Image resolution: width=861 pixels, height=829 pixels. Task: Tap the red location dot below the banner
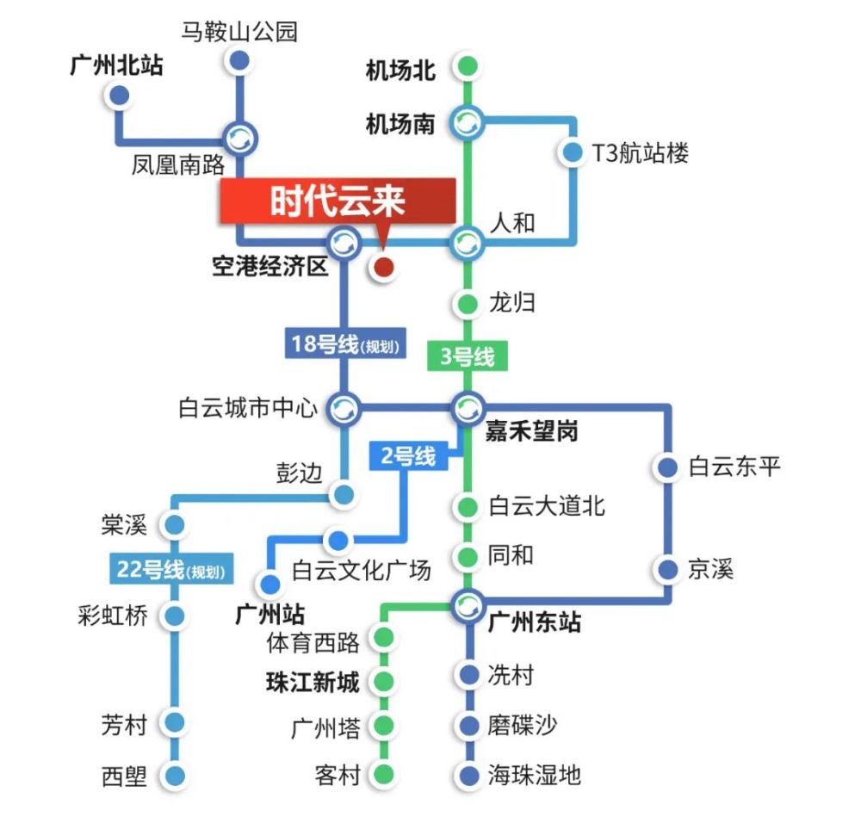pyautogui.click(x=383, y=268)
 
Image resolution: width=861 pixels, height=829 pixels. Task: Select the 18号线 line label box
pyautogui.click(x=344, y=344)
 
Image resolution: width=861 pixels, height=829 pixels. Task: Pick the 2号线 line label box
pyautogui.click(x=408, y=455)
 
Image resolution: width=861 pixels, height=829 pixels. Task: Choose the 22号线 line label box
pyautogui.click(x=172, y=569)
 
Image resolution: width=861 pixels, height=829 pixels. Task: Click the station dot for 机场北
pyautogui.click(x=468, y=65)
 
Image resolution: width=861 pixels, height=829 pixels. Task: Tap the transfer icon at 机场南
pyautogui.click(x=468, y=122)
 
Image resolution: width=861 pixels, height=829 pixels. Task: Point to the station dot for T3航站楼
pyautogui.click(x=572, y=153)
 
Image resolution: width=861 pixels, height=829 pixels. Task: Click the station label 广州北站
pyautogui.click(x=116, y=65)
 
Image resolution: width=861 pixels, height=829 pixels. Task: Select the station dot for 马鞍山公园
pyautogui.click(x=239, y=60)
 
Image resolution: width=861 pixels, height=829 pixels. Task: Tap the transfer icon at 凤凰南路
pyautogui.click(x=239, y=137)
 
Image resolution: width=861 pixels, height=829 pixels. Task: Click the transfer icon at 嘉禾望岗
pyautogui.click(x=468, y=406)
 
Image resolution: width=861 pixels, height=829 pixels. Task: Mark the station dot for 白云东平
pyautogui.click(x=668, y=467)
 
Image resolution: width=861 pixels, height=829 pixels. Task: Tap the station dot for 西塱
pyautogui.click(x=176, y=776)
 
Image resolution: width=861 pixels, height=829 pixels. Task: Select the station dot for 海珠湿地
pyautogui.click(x=468, y=776)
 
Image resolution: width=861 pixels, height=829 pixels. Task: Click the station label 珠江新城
pyautogui.click(x=313, y=683)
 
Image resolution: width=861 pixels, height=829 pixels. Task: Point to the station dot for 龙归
pyautogui.click(x=468, y=303)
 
